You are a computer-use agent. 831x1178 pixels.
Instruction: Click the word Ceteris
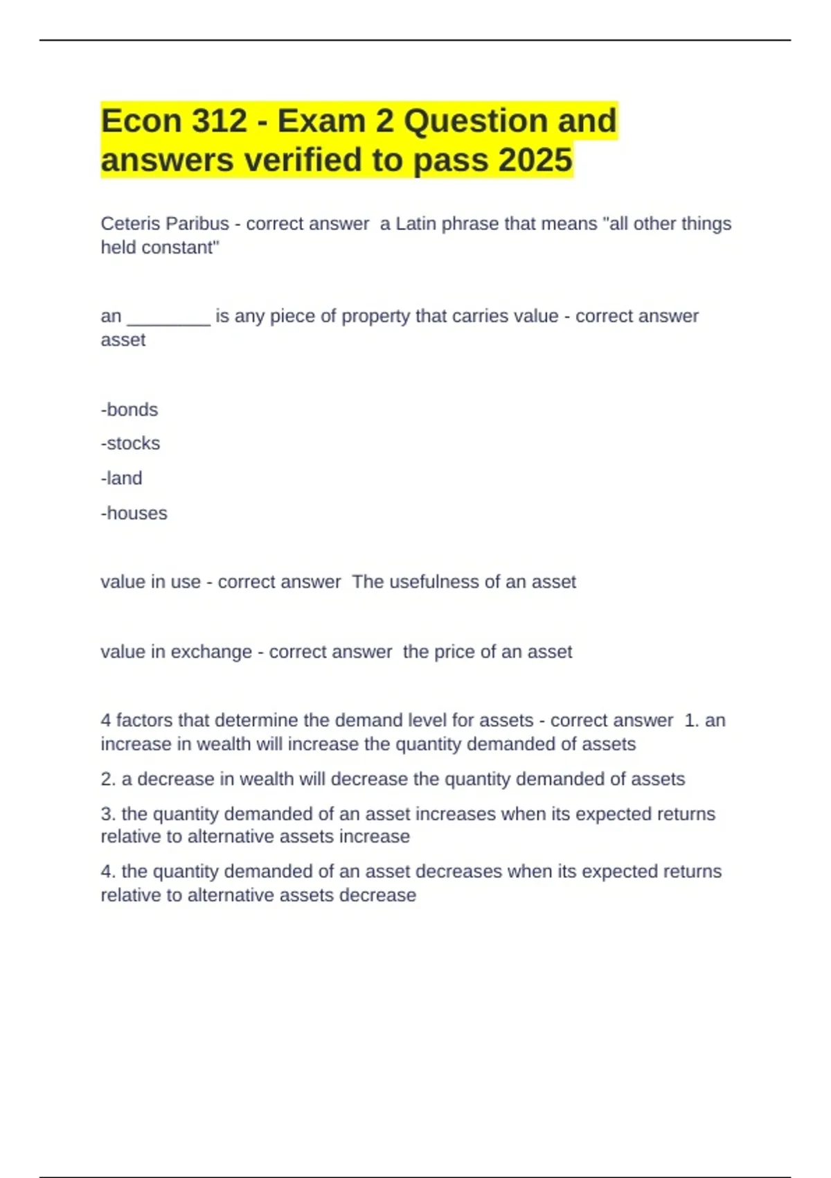click(128, 224)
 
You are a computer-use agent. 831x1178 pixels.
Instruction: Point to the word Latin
click(415, 224)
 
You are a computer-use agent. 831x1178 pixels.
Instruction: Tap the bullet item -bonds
click(129, 410)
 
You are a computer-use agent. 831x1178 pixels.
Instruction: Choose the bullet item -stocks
click(130, 443)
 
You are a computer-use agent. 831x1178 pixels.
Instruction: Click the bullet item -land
click(122, 478)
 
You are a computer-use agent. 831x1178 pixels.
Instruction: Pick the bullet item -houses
click(134, 513)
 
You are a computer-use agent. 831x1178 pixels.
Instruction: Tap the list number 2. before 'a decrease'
click(108, 780)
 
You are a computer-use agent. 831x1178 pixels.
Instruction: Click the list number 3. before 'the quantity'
click(108, 814)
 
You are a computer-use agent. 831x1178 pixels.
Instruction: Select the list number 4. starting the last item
click(108, 872)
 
